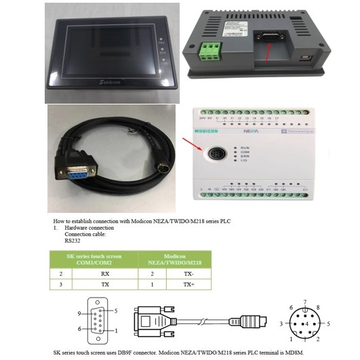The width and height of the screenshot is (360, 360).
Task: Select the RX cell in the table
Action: [x=105, y=274]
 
